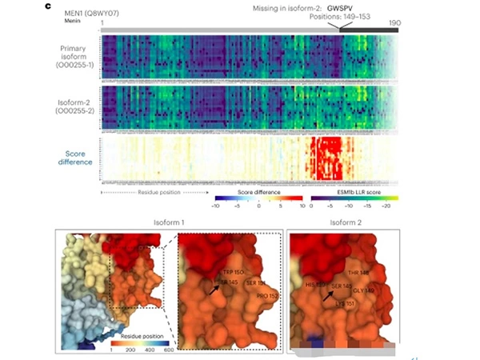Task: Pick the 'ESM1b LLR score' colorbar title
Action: click(x=366, y=193)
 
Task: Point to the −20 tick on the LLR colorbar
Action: click(x=394, y=206)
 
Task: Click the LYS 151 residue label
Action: click(x=346, y=303)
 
